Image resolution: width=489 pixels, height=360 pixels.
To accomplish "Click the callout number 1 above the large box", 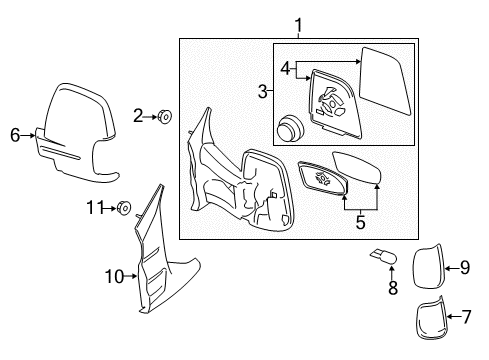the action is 298,25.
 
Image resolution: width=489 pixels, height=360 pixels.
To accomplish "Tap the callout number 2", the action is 138,116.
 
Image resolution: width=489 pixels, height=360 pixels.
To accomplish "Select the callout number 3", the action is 263,91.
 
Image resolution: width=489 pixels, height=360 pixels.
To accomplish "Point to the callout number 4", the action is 285,69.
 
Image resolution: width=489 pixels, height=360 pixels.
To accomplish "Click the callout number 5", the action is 360,222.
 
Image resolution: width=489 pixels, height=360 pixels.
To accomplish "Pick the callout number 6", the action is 15,135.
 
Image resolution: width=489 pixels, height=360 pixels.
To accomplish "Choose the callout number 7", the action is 466,317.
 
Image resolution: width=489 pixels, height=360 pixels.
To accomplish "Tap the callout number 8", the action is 393,288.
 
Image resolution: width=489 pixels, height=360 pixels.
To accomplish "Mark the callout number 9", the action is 465,268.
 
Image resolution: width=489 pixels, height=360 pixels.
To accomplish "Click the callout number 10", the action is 114,276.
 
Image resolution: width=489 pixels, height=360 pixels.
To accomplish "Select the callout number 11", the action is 95,208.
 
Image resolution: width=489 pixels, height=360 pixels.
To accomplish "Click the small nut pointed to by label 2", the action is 164,117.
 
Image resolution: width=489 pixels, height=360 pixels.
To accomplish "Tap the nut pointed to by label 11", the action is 123,208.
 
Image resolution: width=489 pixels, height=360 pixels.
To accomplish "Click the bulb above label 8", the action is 383,257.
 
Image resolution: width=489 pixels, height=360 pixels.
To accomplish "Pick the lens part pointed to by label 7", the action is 431,318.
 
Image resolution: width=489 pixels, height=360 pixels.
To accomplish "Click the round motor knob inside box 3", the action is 291,129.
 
